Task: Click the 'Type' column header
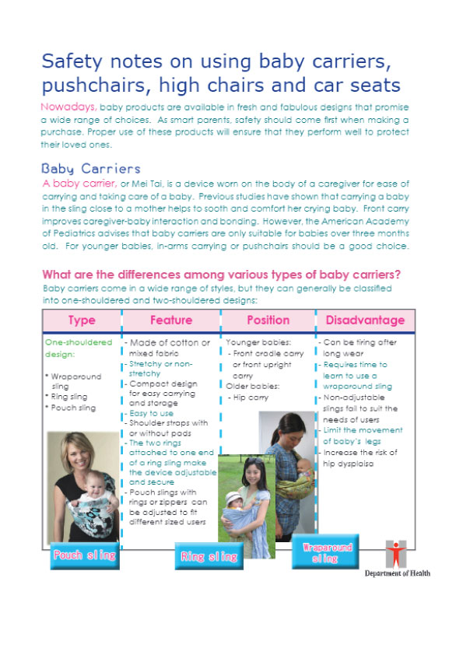(82, 320)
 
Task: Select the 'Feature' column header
(171, 320)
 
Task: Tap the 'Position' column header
(268, 320)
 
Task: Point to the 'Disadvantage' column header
(365, 320)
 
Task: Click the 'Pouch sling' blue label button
(84, 555)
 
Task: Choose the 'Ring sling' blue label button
(208, 556)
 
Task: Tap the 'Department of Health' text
(398, 574)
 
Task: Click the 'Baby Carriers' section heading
(91, 169)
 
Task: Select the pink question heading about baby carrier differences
(222, 275)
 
